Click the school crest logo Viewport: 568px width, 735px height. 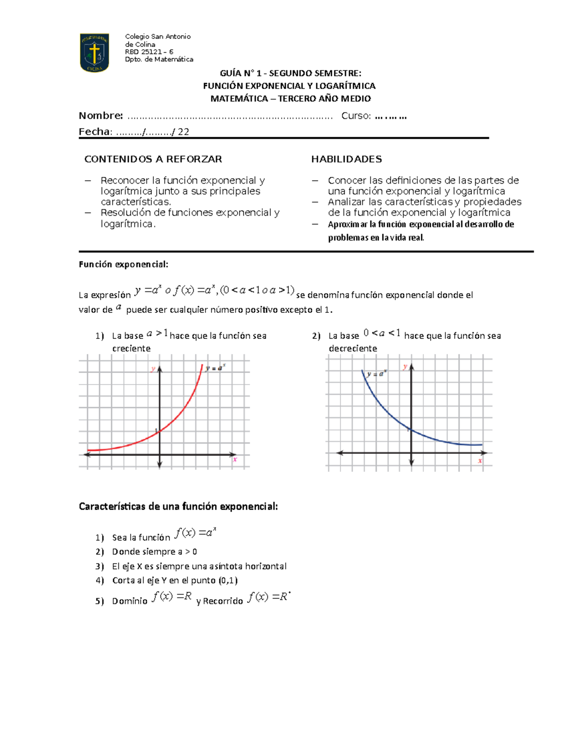tap(95, 53)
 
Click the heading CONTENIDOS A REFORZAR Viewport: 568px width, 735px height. tap(153, 159)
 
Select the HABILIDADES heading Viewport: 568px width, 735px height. tap(346, 159)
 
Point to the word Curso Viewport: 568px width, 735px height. tap(356, 116)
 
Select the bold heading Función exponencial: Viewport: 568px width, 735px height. tap(124, 265)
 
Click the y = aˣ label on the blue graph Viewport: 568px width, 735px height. tap(377, 374)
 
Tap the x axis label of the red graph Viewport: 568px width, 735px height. tap(235, 459)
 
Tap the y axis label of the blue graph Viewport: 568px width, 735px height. tap(405, 367)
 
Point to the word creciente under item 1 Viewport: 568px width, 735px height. tap(131, 348)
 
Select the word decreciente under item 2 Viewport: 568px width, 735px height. tap(353, 348)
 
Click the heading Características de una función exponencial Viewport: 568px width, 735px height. tap(178, 506)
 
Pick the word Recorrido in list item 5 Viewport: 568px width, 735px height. tap(222, 601)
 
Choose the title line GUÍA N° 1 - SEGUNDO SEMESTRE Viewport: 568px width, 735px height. tap(290, 73)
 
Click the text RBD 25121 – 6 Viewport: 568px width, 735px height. tap(149, 52)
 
